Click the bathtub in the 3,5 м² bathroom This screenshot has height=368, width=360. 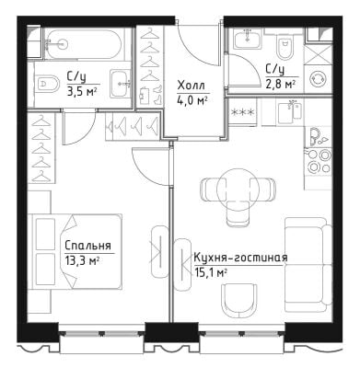(x=85, y=43)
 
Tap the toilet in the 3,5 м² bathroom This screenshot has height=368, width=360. (x=47, y=83)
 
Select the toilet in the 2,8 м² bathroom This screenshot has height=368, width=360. (x=285, y=45)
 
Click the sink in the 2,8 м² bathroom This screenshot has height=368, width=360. (x=248, y=38)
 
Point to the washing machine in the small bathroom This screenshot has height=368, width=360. (x=318, y=79)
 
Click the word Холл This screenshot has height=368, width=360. (x=191, y=86)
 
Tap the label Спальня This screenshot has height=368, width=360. (x=87, y=246)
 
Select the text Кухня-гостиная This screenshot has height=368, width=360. (x=240, y=259)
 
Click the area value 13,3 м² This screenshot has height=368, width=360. (x=82, y=261)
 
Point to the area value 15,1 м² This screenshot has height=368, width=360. (x=211, y=272)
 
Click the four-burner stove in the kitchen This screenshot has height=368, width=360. (x=319, y=160)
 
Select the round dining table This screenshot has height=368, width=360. (x=237, y=189)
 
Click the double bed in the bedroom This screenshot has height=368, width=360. (x=75, y=251)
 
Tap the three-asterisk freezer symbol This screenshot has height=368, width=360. (x=242, y=112)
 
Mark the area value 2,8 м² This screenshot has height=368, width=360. (x=281, y=85)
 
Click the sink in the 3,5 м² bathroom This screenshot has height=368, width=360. (x=121, y=84)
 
